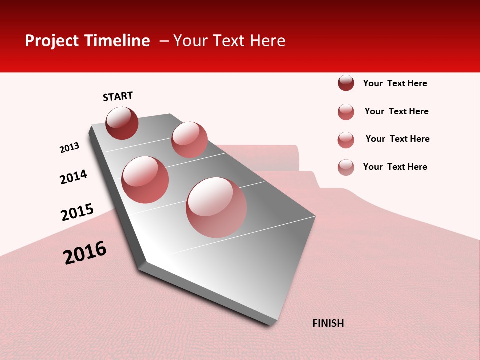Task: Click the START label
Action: click(118, 96)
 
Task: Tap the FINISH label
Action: click(328, 323)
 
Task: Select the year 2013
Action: click(70, 148)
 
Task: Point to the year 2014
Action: click(74, 177)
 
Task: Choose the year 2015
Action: click(77, 212)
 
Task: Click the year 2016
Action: click(85, 252)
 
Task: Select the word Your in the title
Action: click(190, 41)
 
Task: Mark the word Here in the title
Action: click(267, 41)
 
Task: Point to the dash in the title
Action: click(164, 41)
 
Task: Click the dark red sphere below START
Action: click(122, 123)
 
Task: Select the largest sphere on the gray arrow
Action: click(216, 207)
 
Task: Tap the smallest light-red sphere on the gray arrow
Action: click(189, 140)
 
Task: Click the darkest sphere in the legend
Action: click(346, 83)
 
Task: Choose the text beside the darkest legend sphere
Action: click(395, 83)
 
